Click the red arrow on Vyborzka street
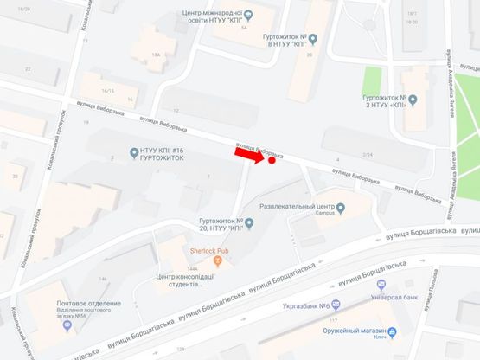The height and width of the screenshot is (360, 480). [x=250, y=156]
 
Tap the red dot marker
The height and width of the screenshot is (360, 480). [x=272, y=160]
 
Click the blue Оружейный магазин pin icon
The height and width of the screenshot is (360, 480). [x=393, y=331]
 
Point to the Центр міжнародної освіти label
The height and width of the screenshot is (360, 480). [x=211, y=20]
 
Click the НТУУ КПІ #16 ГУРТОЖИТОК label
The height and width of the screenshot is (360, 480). [x=170, y=155]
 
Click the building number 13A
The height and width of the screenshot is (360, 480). [x=157, y=55]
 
